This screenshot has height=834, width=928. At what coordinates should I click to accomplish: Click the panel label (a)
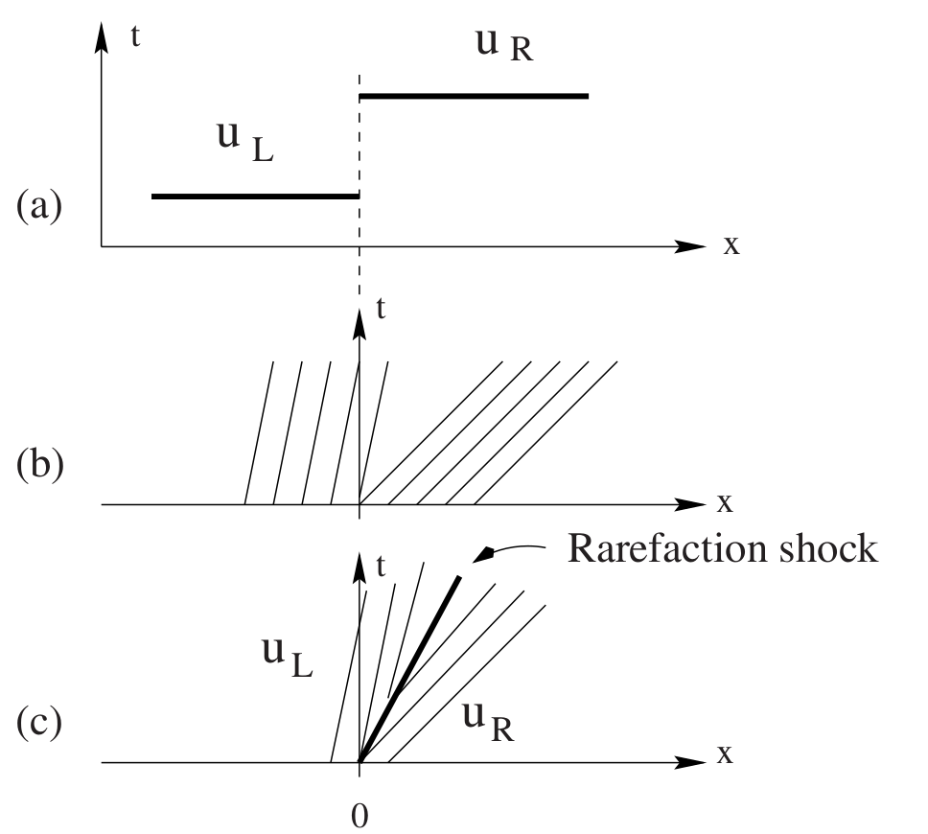pyautogui.click(x=39, y=206)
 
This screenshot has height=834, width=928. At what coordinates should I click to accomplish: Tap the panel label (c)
pyautogui.click(x=39, y=722)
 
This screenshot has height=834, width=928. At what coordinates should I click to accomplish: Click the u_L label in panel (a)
pyautogui.click(x=244, y=142)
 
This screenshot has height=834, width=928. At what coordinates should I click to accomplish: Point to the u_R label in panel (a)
pyautogui.click(x=504, y=45)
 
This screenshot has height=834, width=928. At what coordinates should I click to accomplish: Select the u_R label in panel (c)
pyautogui.click(x=487, y=723)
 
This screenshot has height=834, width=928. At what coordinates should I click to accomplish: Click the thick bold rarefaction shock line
pyautogui.click(x=410, y=669)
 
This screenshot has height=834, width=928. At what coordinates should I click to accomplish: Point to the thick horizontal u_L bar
pyautogui.click(x=255, y=196)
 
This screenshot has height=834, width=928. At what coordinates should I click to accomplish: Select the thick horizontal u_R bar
pyautogui.click(x=473, y=96)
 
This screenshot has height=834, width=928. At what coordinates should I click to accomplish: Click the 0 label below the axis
pyautogui.click(x=360, y=816)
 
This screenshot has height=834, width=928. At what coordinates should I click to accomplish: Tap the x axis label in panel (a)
pyautogui.click(x=731, y=245)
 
